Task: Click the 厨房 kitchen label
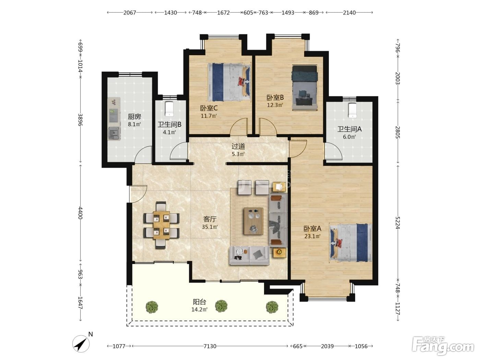click(x=134, y=117)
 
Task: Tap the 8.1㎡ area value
click(x=134, y=124)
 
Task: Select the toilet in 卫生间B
click(x=169, y=109)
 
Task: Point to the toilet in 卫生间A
click(x=352, y=110)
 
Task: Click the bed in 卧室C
click(x=229, y=82)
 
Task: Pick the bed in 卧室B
click(x=304, y=88)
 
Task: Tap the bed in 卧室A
click(x=350, y=243)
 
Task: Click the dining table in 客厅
click(x=161, y=225)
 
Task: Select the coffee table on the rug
click(x=253, y=221)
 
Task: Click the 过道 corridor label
click(x=238, y=146)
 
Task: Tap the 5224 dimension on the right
click(x=397, y=223)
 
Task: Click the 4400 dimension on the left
click(x=80, y=213)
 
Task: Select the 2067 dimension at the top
click(x=130, y=13)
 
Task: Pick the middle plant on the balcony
click(x=221, y=306)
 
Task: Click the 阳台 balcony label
click(x=200, y=302)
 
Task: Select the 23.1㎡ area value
click(x=312, y=236)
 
